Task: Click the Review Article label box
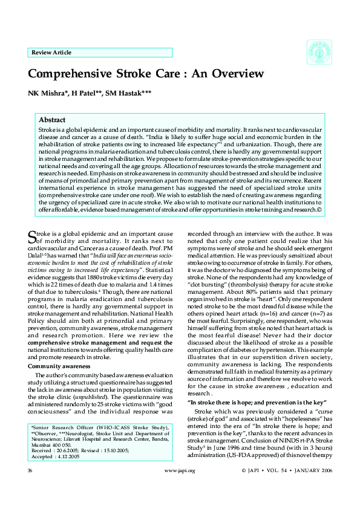(100, 53)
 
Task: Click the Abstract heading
(51, 120)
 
